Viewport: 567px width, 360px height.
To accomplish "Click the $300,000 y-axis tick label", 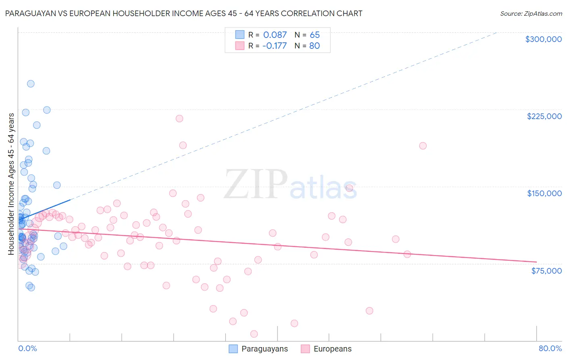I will coord(543,39).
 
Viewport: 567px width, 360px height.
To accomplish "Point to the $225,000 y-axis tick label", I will coord(544,116).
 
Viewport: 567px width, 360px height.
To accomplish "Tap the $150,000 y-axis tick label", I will coord(544,193).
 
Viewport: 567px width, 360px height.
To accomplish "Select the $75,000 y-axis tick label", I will coord(546,270).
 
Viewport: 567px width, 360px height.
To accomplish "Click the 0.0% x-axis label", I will coord(27,348).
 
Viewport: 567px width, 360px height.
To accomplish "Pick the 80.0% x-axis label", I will coord(550,348).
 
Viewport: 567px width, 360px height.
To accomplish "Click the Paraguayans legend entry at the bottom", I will coord(258,349).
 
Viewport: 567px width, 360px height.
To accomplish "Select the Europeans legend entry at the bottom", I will coord(326,349).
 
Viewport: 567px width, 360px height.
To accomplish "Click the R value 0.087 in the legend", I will coord(275,35).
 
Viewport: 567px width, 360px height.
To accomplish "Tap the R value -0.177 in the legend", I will coord(274,46).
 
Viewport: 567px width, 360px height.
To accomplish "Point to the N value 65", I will coord(315,35).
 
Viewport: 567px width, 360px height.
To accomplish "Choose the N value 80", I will coord(315,46).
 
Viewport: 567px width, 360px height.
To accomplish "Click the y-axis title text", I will coord(11,184).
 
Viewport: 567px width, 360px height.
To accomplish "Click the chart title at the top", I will coord(183,13).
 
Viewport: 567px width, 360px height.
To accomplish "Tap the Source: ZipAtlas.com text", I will coord(531,14).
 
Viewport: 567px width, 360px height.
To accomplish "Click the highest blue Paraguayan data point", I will coord(31,84).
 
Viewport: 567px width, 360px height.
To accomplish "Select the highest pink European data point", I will coord(179,119).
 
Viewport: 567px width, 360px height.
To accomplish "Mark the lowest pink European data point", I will coord(254,334).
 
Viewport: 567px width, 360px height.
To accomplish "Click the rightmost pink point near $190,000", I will coord(423,146).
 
